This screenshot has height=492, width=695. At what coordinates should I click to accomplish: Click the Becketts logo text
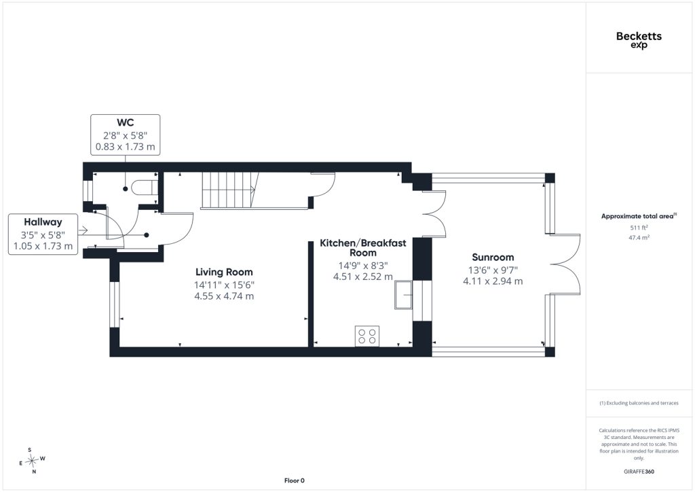tap(639, 37)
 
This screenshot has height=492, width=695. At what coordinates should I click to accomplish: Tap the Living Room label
tap(224, 272)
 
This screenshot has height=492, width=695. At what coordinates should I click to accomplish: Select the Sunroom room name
tap(493, 258)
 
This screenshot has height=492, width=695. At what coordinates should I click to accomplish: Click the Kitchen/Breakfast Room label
tap(363, 248)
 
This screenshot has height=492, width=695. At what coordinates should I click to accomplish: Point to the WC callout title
tap(126, 122)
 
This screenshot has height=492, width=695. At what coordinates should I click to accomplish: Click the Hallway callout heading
tap(43, 222)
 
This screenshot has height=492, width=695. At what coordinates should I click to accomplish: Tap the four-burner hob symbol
tap(367, 336)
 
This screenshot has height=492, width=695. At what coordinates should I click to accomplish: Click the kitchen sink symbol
tap(404, 294)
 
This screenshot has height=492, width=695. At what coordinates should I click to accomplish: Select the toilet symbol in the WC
tap(145, 187)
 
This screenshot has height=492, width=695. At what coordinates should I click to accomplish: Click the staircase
tap(231, 190)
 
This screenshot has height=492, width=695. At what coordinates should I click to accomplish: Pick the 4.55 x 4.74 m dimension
tap(224, 296)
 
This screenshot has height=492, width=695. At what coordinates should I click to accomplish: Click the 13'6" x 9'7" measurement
tap(493, 270)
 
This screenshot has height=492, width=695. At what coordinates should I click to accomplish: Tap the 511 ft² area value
tap(639, 228)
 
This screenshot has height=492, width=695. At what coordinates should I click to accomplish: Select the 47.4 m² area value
tap(639, 237)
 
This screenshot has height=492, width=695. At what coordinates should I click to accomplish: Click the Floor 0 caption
tap(295, 480)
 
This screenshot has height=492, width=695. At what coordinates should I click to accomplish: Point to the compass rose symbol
tap(32, 461)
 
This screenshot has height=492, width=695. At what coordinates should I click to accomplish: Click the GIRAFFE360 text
tap(639, 472)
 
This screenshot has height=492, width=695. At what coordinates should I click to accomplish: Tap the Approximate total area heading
tap(639, 216)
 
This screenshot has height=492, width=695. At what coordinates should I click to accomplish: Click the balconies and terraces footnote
tap(639, 403)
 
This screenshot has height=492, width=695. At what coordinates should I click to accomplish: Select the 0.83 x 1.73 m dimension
tap(126, 147)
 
